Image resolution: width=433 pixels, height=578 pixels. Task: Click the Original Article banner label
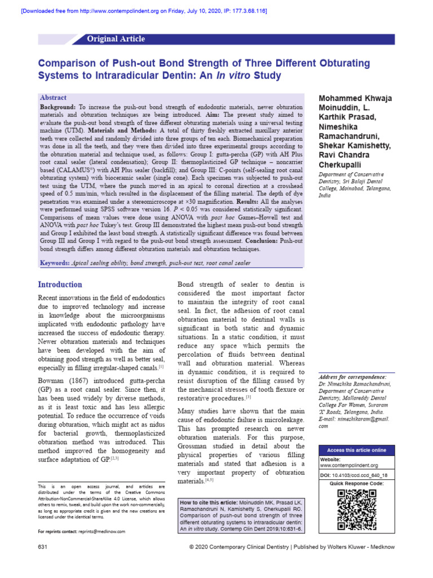click(x=116, y=39)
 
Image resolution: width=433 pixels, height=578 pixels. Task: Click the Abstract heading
click(x=52, y=98)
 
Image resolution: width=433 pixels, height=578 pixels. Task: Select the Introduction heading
click(x=60, y=284)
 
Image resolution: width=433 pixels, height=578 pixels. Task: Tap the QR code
click(x=356, y=509)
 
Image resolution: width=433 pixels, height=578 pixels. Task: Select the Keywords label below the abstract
click(x=55, y=263)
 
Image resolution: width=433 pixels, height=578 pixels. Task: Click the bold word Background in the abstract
click(x=58, y=107)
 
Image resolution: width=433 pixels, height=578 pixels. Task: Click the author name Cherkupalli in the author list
click(x=343, y=164)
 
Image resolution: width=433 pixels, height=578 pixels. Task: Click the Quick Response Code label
click(x=356, y=484)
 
